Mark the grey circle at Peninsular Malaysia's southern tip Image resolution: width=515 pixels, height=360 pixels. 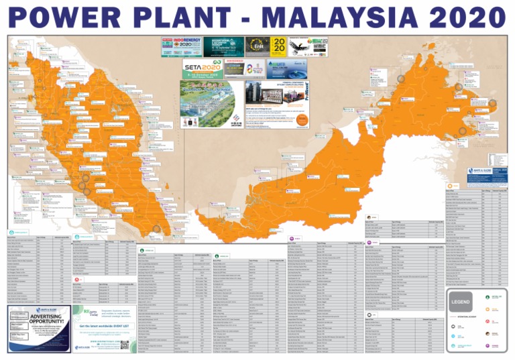point(156,229)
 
